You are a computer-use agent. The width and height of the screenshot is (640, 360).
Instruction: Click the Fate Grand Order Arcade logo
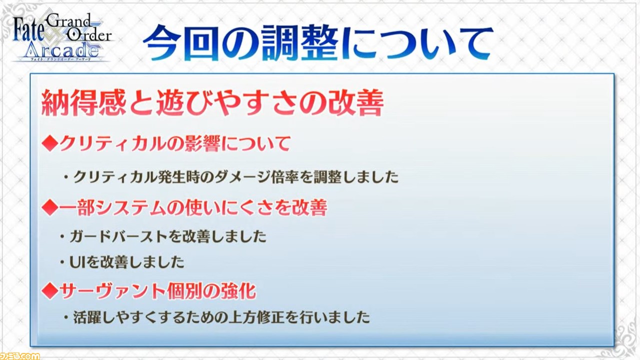62,37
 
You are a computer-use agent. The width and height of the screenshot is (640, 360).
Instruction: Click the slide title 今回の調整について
317,43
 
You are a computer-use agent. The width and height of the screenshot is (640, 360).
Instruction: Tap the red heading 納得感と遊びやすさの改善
212,103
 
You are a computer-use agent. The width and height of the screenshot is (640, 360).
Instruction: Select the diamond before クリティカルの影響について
50,143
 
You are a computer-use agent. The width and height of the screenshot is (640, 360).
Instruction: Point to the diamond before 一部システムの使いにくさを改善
50,207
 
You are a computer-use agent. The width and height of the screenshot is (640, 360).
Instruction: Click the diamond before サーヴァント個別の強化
50,291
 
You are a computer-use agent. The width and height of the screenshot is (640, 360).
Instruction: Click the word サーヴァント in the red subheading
113,291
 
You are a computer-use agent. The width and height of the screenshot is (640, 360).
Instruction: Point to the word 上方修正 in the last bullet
256,317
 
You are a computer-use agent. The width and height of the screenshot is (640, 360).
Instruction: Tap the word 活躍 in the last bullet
87,317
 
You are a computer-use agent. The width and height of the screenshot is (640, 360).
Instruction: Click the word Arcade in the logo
61,50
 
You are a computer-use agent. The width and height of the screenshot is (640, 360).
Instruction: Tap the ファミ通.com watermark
19,356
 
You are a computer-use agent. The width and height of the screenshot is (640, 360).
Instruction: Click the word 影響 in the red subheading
203,143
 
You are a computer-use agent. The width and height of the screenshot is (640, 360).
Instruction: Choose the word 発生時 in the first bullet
178,177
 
